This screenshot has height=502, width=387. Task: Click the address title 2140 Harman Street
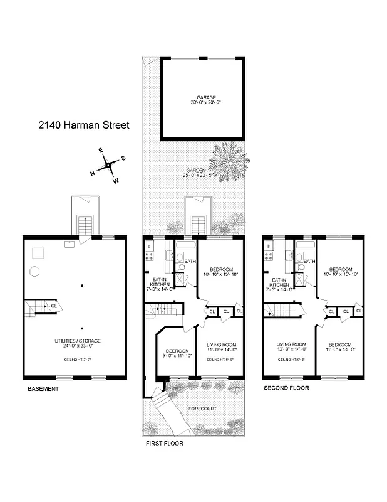tap(83, 125)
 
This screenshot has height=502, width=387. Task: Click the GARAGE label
tap(202, 97)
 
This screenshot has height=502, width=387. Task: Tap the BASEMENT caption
tap(43, 389)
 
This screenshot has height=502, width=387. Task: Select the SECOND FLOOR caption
tap(286, 388)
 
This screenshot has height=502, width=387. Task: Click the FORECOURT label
tap(204, 408)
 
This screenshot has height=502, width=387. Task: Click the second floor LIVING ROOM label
tap(290, 344)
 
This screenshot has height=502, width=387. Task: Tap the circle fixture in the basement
tap(36, 271)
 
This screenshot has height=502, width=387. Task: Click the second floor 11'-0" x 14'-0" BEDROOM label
tap(340, 344)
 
